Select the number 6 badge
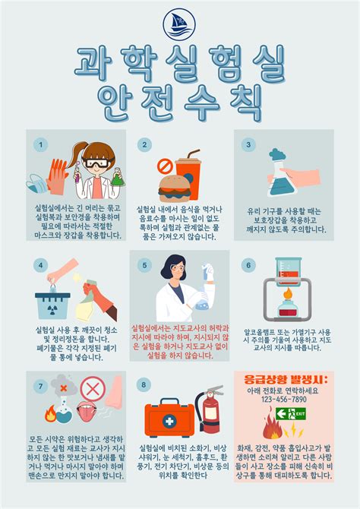247,265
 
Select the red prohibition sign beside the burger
164,165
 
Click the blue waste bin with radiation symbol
53,305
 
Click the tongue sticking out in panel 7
87,419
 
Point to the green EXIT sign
289,414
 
